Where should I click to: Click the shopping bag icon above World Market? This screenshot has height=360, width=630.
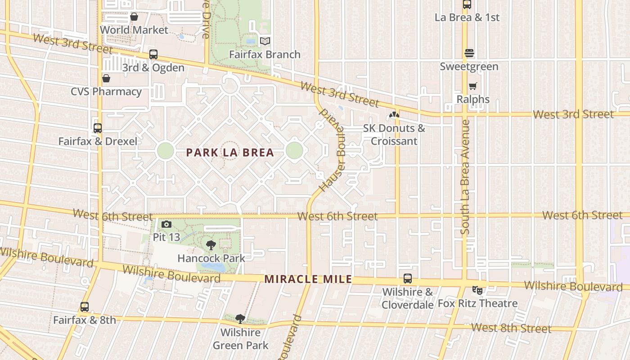click(134, 17)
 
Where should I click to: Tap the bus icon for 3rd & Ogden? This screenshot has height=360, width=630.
click(153, 54)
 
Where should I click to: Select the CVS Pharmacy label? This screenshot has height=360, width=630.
click(106, 92)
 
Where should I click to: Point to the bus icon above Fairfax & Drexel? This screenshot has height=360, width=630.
click(98, 128)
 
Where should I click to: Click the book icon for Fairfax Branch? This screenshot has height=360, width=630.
click(265, 41)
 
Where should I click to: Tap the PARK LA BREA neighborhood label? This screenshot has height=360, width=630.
click(230, 153)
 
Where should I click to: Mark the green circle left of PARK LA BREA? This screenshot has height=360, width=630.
click(165, 151)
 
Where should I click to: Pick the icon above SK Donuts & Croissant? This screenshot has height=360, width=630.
click(394, 115)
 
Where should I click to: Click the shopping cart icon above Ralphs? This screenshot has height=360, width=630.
click(472, 86)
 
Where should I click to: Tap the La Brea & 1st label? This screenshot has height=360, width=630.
click(467, 18)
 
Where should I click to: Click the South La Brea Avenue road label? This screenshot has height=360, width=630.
click(465, 177)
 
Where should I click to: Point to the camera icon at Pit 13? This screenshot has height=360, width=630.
click(166, 224)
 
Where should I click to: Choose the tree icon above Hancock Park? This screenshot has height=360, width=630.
click(211, 245)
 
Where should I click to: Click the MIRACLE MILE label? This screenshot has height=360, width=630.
click(308, 279)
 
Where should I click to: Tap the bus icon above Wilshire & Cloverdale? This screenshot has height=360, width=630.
click(408, 279)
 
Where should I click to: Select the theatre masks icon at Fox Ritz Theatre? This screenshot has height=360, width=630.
click(477, 290)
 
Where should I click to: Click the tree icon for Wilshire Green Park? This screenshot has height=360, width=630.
click(240, 319)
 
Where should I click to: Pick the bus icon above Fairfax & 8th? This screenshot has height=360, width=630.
click(85, 307)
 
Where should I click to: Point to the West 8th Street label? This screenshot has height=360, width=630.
click(511, 328)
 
